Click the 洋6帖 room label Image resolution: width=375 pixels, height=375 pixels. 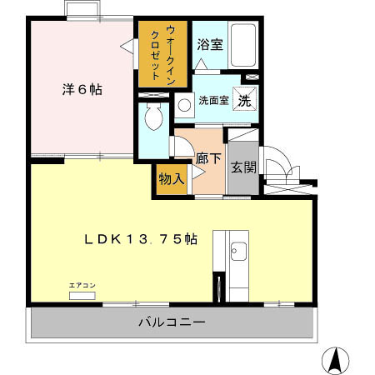(x=81, y=89)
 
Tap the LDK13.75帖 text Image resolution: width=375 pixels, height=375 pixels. (x=140, y=239)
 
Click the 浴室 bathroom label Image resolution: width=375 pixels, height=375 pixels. (x=209, y=45)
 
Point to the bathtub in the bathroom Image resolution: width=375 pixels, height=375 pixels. (x=243, y=47)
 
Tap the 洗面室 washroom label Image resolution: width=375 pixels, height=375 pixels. (x=212, y=101)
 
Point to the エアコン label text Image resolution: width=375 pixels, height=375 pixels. (x=82, y=286)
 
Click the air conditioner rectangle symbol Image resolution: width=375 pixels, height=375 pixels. (x=82, y=295)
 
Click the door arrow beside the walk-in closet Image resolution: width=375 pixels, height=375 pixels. (x=127, y=48)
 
